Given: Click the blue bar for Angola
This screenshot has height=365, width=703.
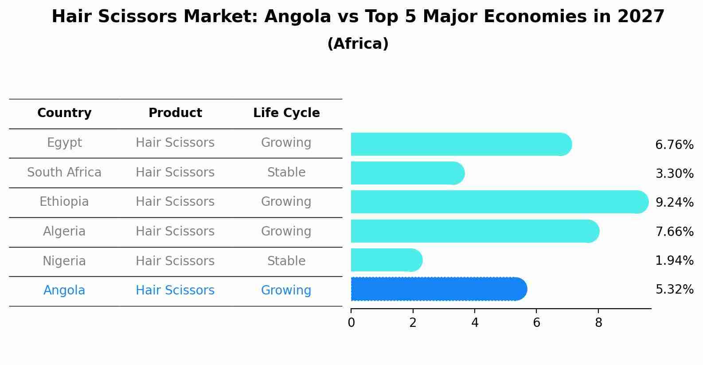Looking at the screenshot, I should coord(439,289).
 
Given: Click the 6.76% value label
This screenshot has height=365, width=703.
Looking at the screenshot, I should coord(674,145).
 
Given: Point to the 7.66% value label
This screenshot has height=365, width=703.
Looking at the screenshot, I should coord(674,232).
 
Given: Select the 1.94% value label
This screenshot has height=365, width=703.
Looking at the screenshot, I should coord(674,261).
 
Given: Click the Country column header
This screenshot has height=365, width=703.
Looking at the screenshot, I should coord(64,113).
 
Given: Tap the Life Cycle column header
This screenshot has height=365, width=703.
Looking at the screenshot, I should coord(286,113).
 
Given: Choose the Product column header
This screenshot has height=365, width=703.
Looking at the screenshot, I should coord(175,113).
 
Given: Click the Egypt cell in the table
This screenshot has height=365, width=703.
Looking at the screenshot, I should coord(64,143).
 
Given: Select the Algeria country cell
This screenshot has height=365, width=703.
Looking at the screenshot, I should coord(64,232).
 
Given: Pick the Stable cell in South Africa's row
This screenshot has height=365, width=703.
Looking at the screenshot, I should coord(286,173).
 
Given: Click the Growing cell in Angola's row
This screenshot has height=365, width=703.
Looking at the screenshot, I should coord(286,290).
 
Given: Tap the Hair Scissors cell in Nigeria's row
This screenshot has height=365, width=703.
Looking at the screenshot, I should coord(175,261).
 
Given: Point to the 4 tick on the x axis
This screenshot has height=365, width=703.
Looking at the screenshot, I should coord(475,322).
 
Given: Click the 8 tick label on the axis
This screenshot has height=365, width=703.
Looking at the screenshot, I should coord(598,322).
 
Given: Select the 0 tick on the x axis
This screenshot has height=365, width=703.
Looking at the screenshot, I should coord(351,322).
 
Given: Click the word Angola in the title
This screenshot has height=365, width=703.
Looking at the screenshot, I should coord(297,17).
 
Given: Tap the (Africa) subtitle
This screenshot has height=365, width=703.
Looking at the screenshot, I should coord(358,44).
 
